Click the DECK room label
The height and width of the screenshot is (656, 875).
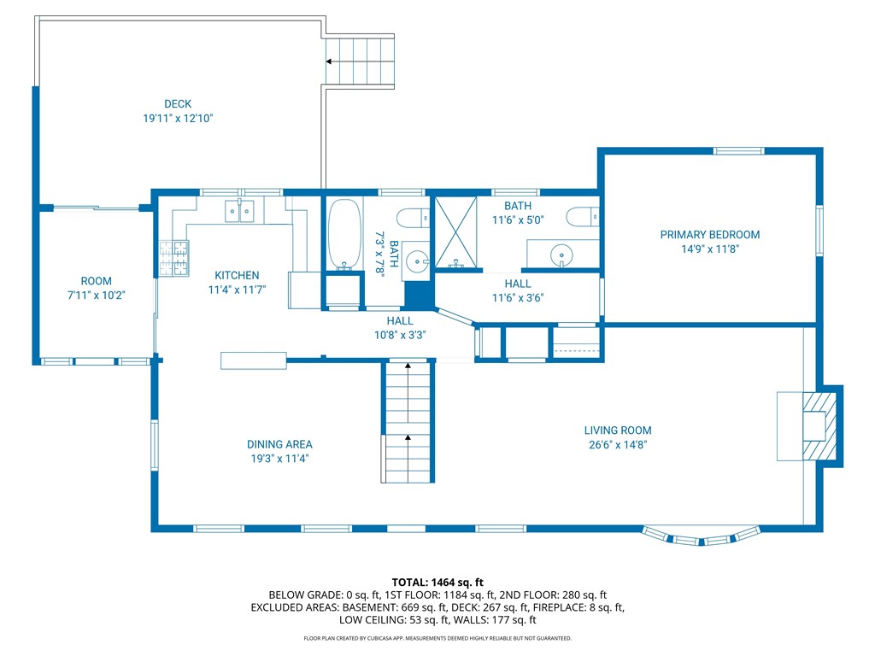click(178, 103)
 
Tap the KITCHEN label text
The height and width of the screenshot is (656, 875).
click(237, 275)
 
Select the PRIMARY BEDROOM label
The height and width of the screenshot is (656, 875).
click(710, 235)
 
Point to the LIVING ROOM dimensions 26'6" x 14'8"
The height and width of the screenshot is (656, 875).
click(618, 444)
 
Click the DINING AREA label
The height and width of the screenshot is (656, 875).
click(279, 444)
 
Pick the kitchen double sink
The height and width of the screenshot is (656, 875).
click(239, 212)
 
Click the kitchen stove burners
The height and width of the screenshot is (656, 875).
click(174, 258)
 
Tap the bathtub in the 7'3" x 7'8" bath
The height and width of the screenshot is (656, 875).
click(344, 234)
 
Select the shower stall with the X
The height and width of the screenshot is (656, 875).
click(456, 232)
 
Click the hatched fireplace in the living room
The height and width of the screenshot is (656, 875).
click(819, 427)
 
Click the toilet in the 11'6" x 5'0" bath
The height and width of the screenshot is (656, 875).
click(582, 216)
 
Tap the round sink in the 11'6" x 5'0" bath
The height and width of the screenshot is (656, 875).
click(561, 256)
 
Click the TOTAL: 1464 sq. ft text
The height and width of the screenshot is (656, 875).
click(437, 583)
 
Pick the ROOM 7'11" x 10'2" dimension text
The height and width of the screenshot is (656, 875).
click(96, 295)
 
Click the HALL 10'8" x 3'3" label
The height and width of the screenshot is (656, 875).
click(400, 328)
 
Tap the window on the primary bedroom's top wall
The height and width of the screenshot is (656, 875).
click(738, 150)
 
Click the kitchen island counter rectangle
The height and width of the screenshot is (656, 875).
click(253, 360)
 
